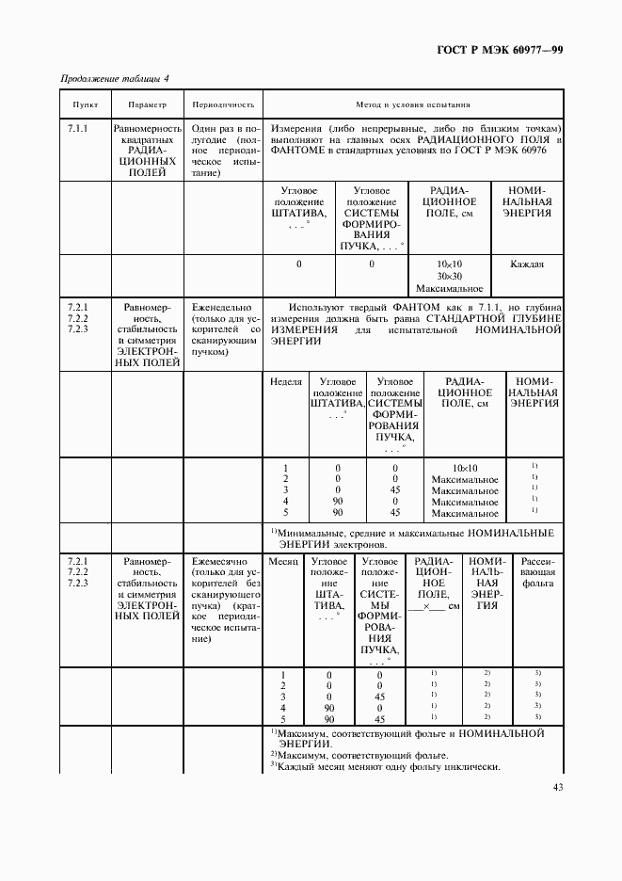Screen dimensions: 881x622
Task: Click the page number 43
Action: click(558, 788)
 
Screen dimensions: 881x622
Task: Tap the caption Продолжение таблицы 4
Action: click(115, 79)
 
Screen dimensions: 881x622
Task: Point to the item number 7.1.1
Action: click(79, 127)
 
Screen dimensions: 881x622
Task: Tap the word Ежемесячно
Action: click(219, 560)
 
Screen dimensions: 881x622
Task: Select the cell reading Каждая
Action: click(527, 264)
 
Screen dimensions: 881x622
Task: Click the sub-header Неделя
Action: click(286, 382)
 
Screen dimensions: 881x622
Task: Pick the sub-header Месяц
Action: click(282, 560)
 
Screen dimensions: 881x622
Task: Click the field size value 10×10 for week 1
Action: click(465, 468)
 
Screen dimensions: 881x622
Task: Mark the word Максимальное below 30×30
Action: click(448, 289)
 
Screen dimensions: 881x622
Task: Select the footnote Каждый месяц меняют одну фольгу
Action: click(386, 765)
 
